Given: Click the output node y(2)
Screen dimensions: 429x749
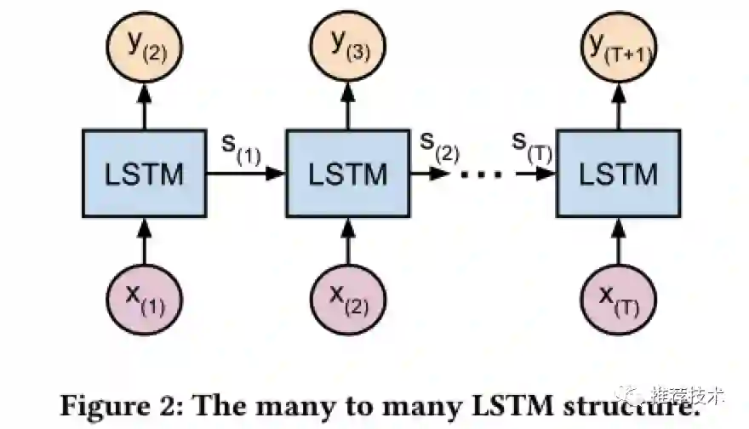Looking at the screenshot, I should [x=144, y=45].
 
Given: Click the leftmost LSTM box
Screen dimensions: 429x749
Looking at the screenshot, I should [x=144, y=173].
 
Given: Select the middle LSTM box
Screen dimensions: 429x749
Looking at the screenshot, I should [x=347, y=173].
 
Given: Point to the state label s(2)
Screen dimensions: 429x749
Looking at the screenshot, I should [x=441, y=146].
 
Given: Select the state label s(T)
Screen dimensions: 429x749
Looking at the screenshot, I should [x=533, y=146].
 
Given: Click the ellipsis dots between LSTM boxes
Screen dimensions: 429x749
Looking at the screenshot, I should [x=481, y=174].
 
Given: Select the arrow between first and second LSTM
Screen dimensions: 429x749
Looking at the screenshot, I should [x=246, y=173].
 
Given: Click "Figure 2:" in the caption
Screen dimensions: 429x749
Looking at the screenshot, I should [x=120, y=403].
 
